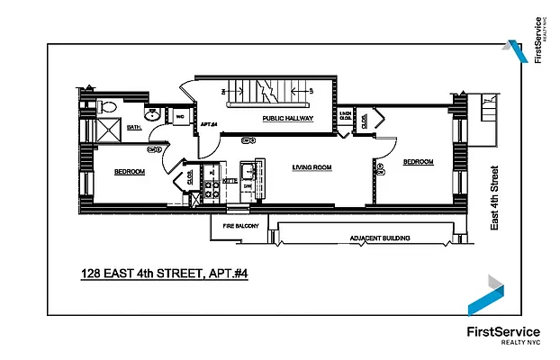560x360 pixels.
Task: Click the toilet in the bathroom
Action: (x=108, y=106)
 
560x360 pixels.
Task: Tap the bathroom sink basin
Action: (x=154, y=116)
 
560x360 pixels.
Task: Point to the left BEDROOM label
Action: (x=129, y=171)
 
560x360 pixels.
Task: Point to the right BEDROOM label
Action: (x=418, y=162)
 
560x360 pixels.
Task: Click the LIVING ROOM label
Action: (x=312, y=167)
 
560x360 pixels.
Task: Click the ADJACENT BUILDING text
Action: (x=380, y=238)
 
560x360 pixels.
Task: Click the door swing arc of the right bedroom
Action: (x=384, y=144)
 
